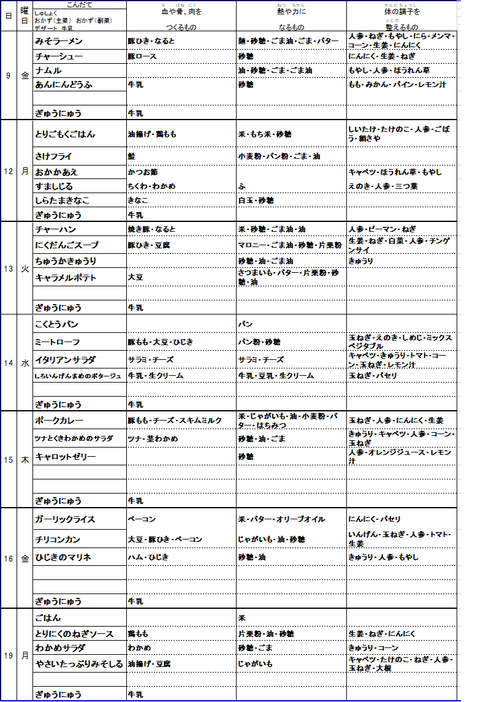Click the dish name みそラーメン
(59, 41)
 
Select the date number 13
(9, 269)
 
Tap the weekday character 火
(25, 269)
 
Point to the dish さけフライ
(53, 156)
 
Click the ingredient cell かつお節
(140, 172)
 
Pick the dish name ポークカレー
(59, 421)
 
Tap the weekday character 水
(25, 363)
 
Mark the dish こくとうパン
(56, 324)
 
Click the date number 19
(9, 656)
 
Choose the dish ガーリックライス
(65, 519)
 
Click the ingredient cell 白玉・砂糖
(256, 200)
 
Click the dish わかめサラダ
(60, 648)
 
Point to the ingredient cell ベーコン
(141, 519)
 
